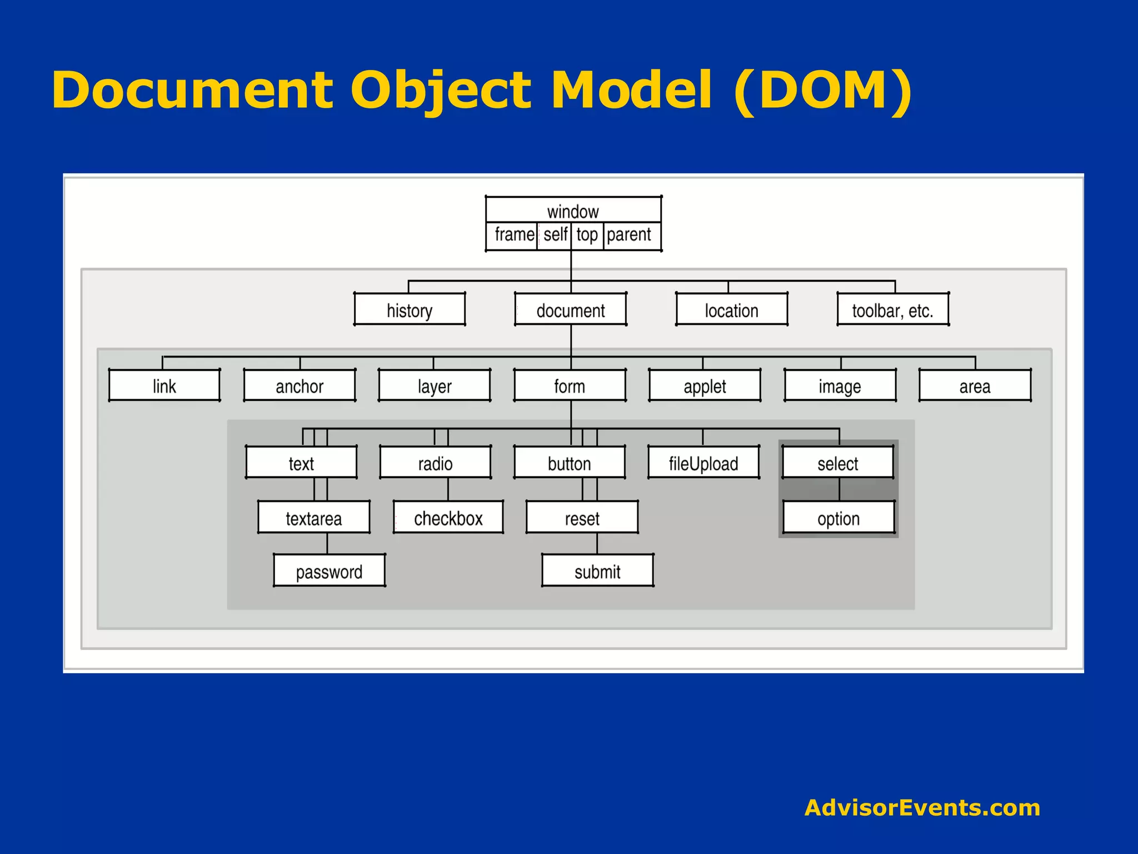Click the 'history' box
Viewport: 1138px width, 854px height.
[410, 309]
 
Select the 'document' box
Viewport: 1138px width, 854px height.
[571, 309]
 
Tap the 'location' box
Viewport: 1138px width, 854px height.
[731, 309]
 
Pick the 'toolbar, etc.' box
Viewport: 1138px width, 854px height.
[893, 309]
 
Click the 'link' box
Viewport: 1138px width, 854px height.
[164, 385]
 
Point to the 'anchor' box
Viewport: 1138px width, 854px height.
[300, 385]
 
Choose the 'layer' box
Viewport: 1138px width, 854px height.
[435, 385]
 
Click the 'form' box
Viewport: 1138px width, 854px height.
[570, 385]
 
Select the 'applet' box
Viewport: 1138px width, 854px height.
[705, 385]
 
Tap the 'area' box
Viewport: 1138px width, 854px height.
[975, 385]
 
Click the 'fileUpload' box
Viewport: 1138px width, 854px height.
[703, 462]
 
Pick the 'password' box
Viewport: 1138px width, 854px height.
[330, 570]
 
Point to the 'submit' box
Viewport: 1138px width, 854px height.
[598, 570]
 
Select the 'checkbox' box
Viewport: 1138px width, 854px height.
[448, 518]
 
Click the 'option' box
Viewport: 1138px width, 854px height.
[839, 518]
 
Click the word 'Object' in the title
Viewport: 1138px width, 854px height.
[441, 90]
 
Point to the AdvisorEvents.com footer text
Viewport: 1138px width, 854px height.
[922, 807]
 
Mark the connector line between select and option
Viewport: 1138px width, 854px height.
[839, 489]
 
